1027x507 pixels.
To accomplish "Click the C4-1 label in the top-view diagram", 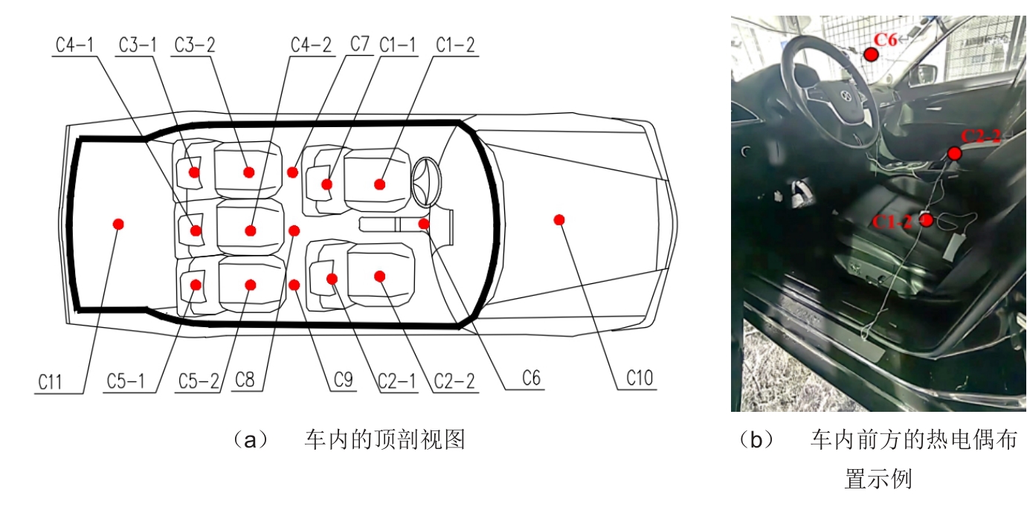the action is coord(74,45).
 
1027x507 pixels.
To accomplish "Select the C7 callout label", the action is coord(359,44).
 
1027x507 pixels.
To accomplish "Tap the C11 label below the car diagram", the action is coord(50,382).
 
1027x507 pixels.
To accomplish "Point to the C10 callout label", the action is coord(640,378).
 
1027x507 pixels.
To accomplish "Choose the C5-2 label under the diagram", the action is coord(199,381).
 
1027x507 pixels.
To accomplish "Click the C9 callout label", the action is coord(343,380).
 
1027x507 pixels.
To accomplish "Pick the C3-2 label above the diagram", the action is coord(194,45).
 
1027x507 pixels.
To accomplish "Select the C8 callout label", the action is coord(245,380).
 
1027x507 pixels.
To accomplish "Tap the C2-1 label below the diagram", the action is coord(397,381).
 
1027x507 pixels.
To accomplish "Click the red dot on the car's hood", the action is coord(559,220).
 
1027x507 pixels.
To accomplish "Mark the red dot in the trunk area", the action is coord(118,225).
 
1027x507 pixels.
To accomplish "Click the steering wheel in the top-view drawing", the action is coord(426,182).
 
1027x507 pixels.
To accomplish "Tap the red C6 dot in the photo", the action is coord(871,54).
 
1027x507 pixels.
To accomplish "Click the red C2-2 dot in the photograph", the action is coord(955,154).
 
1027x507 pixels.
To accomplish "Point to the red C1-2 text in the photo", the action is coord(892,222).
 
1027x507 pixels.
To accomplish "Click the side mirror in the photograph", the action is coord(922,75).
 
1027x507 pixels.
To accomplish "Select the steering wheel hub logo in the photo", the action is coord(846,96).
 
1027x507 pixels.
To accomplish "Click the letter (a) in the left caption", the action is coord(251,441).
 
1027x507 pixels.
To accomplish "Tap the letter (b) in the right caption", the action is coord(756,441).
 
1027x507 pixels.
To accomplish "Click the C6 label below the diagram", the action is coord(531,378).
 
